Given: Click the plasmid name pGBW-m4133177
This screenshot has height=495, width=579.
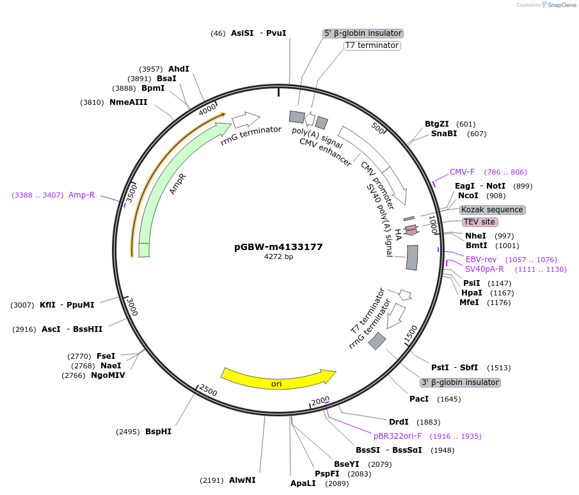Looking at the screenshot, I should (x=278, y=246).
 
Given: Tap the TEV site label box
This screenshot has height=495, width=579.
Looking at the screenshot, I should (x=479, y=222).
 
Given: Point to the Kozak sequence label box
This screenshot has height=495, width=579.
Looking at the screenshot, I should (x=492, y=210).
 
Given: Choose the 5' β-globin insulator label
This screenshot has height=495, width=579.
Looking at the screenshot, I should (x=363, y=33).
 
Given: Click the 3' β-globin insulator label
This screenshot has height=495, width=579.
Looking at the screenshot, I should (x=460, y=382).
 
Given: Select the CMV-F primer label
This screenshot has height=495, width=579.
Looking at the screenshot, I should (x=462, y=171).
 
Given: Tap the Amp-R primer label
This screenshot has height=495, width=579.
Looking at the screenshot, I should (x=81, y=195).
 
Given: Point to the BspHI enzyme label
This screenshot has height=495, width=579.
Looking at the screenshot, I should (x=158, y=432).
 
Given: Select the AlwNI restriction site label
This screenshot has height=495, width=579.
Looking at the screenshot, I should (x=242, y=480).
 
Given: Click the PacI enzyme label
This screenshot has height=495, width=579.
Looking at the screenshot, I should (x=419, y=399).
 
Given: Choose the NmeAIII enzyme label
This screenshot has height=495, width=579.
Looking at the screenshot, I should (x=128, y=102).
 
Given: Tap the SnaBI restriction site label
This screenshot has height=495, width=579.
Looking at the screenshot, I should (x=444, y=134).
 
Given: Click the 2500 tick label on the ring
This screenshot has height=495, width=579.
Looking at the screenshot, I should (x=209, y=390).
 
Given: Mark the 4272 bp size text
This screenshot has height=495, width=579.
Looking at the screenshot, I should (x=278, y=257).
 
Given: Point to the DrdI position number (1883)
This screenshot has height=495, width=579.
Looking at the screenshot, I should (x=428, y=422).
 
